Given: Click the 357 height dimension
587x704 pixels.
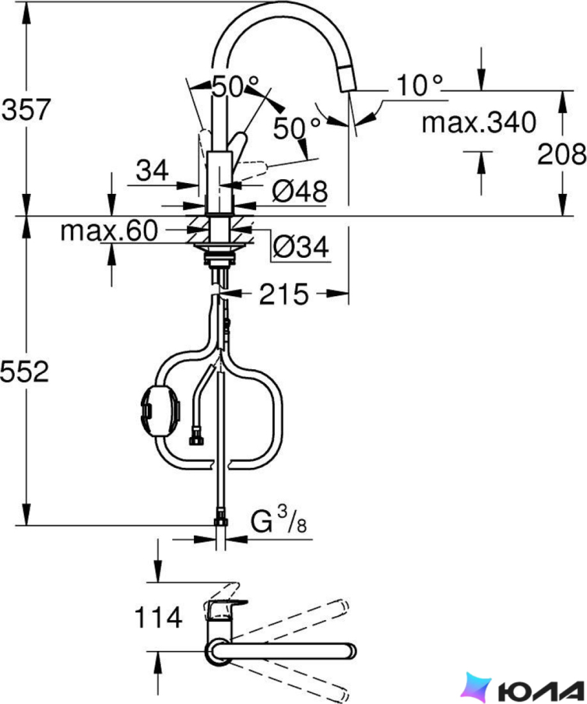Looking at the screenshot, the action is tap(26, 109).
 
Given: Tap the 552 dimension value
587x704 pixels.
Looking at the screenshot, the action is tap(25, 372).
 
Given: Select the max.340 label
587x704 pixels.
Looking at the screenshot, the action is tap(479, 122).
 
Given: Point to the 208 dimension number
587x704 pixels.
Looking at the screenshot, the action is tap(562, 154).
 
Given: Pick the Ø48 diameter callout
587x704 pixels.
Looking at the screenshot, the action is tap(300, 191).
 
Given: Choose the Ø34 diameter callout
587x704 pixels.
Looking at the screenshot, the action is tap(300, 246).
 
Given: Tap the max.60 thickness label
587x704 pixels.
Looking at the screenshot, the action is tap(109, 230).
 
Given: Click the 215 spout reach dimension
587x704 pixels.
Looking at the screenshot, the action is tap(284, 294).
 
